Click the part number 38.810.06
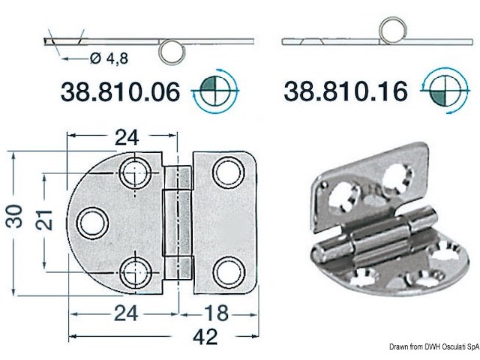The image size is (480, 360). click(x=119, y=91)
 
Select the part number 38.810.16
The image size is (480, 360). click(x=346, y=91)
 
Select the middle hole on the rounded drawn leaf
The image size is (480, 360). click(x=91, y=222)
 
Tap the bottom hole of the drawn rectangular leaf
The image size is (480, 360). click(x=224, y=270)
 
